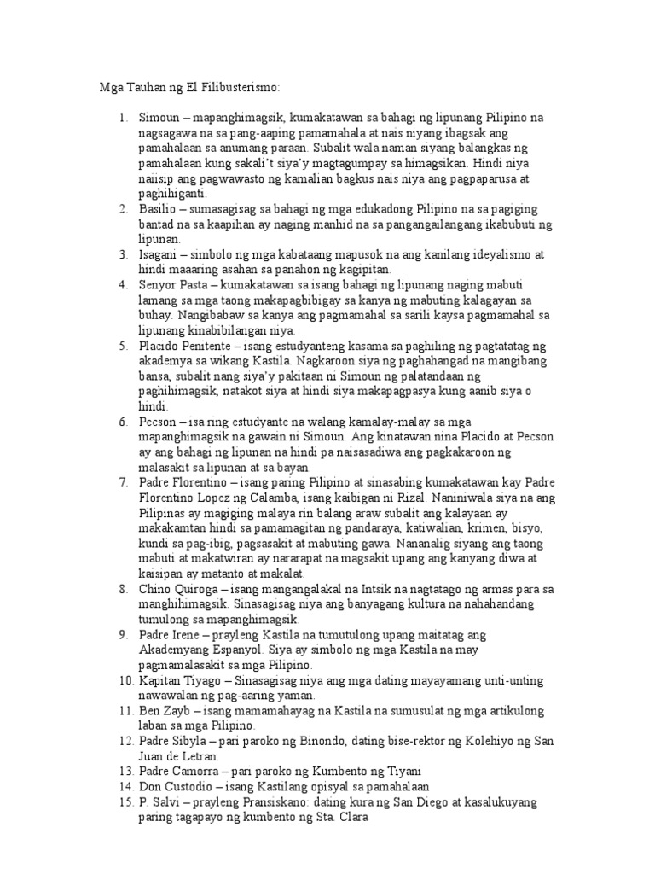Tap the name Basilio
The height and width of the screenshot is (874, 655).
[158, 209]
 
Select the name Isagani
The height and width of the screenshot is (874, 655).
[159, 254]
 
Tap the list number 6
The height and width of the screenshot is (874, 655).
[123, 422]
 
